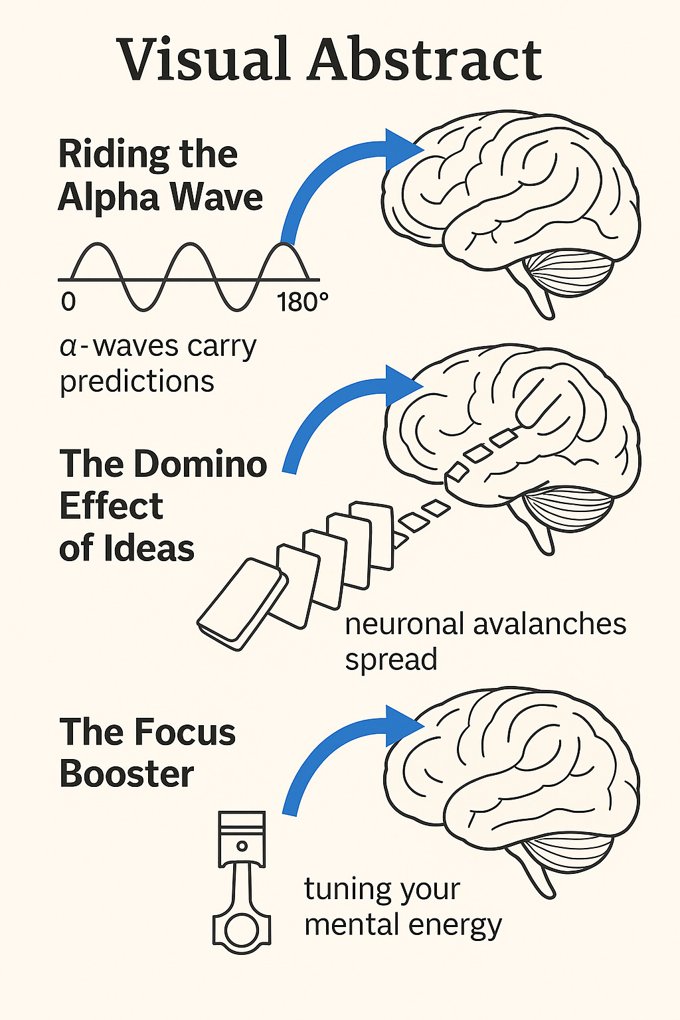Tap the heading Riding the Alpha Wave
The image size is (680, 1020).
point(160,175)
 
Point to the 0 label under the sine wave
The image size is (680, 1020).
point(68,302)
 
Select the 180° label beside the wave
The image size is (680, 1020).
point(302,302)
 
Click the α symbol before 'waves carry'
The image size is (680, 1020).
point(68,347)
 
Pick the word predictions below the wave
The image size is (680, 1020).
point(137,381)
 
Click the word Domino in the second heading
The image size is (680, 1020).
point(200,464)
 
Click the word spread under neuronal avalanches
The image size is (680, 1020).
point(390,660)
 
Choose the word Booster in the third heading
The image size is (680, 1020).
point(126,774)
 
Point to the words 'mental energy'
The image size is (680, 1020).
point(402,925)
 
